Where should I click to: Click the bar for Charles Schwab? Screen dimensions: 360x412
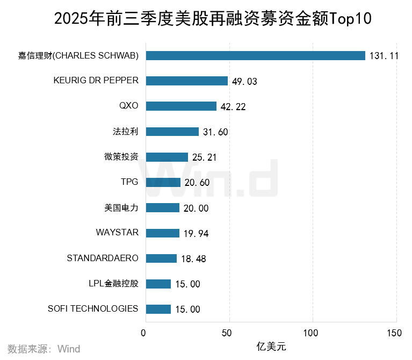[255, 55]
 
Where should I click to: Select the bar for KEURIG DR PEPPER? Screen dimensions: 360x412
[186, 81]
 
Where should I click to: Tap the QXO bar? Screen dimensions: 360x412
[181, 106]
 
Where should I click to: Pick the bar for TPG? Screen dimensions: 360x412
[163, 183]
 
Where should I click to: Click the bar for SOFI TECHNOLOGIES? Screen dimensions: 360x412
[158, 309]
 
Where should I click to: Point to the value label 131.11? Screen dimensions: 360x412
[384, 56]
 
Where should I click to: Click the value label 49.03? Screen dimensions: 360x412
[244, 82]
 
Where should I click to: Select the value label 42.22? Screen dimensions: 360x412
[233, 107]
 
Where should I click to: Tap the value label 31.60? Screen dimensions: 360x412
[215, 132]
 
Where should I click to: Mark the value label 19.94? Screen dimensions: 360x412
[196, 233]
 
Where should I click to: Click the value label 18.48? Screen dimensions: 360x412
[193, 259]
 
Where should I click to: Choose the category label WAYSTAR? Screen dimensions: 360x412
[117, 233]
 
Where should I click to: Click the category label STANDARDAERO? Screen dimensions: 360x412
[102, 258]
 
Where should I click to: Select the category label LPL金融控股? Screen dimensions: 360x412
[113, 283]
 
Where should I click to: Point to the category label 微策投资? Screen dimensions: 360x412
[121, 157]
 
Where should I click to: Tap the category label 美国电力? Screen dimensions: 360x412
[121, 207]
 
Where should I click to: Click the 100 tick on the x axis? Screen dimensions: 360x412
[313, 333]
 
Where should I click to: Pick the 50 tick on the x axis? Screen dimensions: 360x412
[229, 333]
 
